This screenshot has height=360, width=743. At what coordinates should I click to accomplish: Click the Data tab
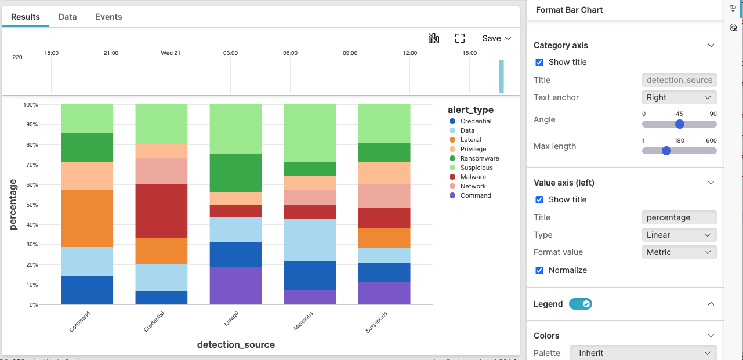tap(67, 17)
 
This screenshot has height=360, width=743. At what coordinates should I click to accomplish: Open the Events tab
tap(108, 17)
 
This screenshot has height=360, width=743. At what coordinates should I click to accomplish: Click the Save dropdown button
tap(496, 38)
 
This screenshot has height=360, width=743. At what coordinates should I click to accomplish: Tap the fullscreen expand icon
tap(460, 38)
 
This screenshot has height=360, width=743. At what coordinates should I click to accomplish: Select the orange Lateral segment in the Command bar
tap(87, 219)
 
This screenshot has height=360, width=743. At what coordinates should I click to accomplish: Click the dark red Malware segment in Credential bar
tap(161, 211)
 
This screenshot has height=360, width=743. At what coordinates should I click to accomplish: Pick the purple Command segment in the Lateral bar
tap(235, 285)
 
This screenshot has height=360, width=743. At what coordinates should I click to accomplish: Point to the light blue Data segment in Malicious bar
tap(310, 240)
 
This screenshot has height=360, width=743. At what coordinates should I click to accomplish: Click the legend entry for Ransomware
tap(479, 158)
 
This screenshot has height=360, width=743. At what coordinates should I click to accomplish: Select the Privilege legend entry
tap(473, 149)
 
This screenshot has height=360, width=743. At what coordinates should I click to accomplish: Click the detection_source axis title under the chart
tap(235, 344)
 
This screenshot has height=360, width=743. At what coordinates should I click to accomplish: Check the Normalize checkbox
tap(539, 270)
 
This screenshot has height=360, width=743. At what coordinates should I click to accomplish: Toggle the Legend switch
tap(580, 304)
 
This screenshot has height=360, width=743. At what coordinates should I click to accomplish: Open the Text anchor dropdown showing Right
tap(679, 97)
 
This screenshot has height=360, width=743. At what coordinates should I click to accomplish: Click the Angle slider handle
tap(680, 124)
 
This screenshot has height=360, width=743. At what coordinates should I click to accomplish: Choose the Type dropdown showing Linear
tap(679, 235)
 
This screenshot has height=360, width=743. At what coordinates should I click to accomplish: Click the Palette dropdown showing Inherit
tap(643, 353)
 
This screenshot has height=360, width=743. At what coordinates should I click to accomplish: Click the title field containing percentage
tap(679, 217)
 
